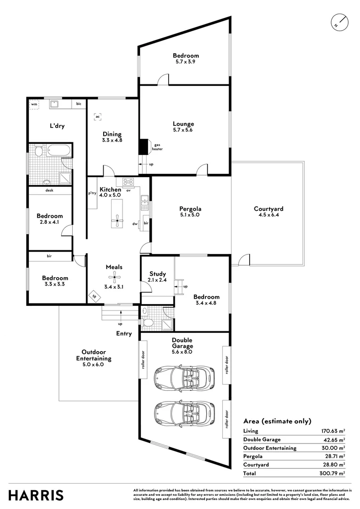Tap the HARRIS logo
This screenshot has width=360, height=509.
pyautogui.click(x=36, y=495)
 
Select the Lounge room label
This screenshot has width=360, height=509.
pyautogui.click(x=183, y=124)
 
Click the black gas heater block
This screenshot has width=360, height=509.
pyautogui.click(x=143, y=147)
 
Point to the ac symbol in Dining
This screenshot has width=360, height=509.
pyautogui.click(x=98, y=116)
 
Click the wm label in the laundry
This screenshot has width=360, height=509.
pyautogui.click(x=34, y=103)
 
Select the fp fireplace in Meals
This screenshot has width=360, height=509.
pyautogui.click(x=95, y=297)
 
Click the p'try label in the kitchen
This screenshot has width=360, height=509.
pyautogui.click(x=92, y=193)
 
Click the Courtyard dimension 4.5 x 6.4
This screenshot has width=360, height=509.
pyautogui.click(x=268, y=215)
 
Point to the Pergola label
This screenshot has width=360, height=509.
pyautogui.click(x=190, y=209)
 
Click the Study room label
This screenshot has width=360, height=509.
pyautogui.click(x=157, y=274)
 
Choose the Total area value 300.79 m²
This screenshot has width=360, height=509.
pyautogui.click(x=333, y=473)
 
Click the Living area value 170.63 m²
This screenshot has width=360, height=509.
pyautogui.click(x=333, y=431)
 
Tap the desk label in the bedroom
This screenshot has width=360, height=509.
pyautogui.click(x=49, y=190)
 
